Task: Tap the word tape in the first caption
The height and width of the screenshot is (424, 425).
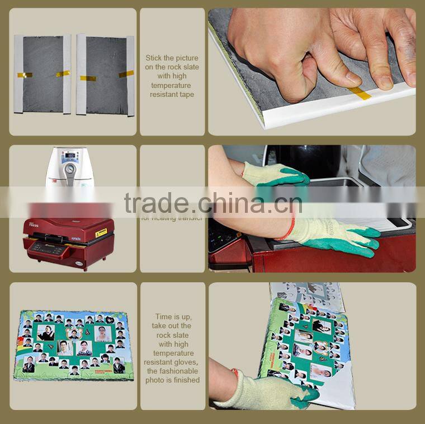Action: click(186, 95)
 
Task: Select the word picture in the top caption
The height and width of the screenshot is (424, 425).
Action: click(187, 58)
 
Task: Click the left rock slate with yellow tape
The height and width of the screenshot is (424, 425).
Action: click(43, 74)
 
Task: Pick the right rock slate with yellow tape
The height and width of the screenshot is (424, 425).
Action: click(106, 75)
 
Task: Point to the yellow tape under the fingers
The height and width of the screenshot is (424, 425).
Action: click(360, 93)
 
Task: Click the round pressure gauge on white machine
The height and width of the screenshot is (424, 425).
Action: click(70, 169)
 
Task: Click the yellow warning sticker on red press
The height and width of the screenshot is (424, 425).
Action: click(101, 232)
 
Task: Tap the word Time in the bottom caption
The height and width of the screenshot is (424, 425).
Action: click(164, 316)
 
